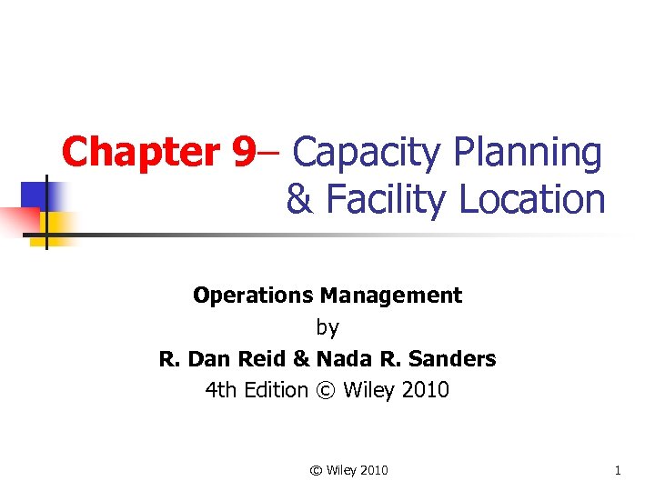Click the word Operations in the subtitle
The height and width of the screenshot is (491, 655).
(x=254, y=296)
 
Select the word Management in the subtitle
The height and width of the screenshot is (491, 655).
(x=391, y=296)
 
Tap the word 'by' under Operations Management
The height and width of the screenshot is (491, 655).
(x=327, y=327)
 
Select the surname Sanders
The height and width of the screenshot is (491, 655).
(x=455, y=359)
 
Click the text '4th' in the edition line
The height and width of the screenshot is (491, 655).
(x=219, y=391)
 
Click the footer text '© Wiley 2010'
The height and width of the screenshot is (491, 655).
(x=349, y=470)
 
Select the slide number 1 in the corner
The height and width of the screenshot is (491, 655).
(x=618, y=470)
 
